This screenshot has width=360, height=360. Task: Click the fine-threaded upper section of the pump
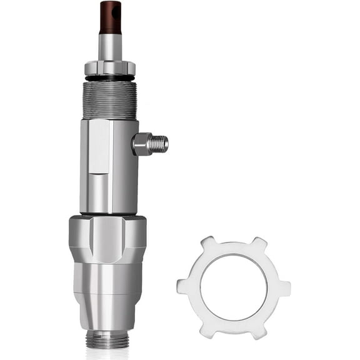pyautogui.click(x=110, y=100)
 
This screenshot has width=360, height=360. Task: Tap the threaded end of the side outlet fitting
pyautogui.click(x=161, y=143)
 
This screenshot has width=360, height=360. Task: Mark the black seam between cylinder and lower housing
pyautogui.click(x=109, y=214)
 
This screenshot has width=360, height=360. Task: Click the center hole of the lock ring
pyautogui.click(x=234, y=287)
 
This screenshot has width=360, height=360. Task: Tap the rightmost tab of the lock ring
pyautogui.click(x=284, y=287)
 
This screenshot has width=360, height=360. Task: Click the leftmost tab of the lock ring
pyautogui.click(x=183, y=287)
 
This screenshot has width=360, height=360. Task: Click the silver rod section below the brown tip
pyautogui.click(x=110, y=47)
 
